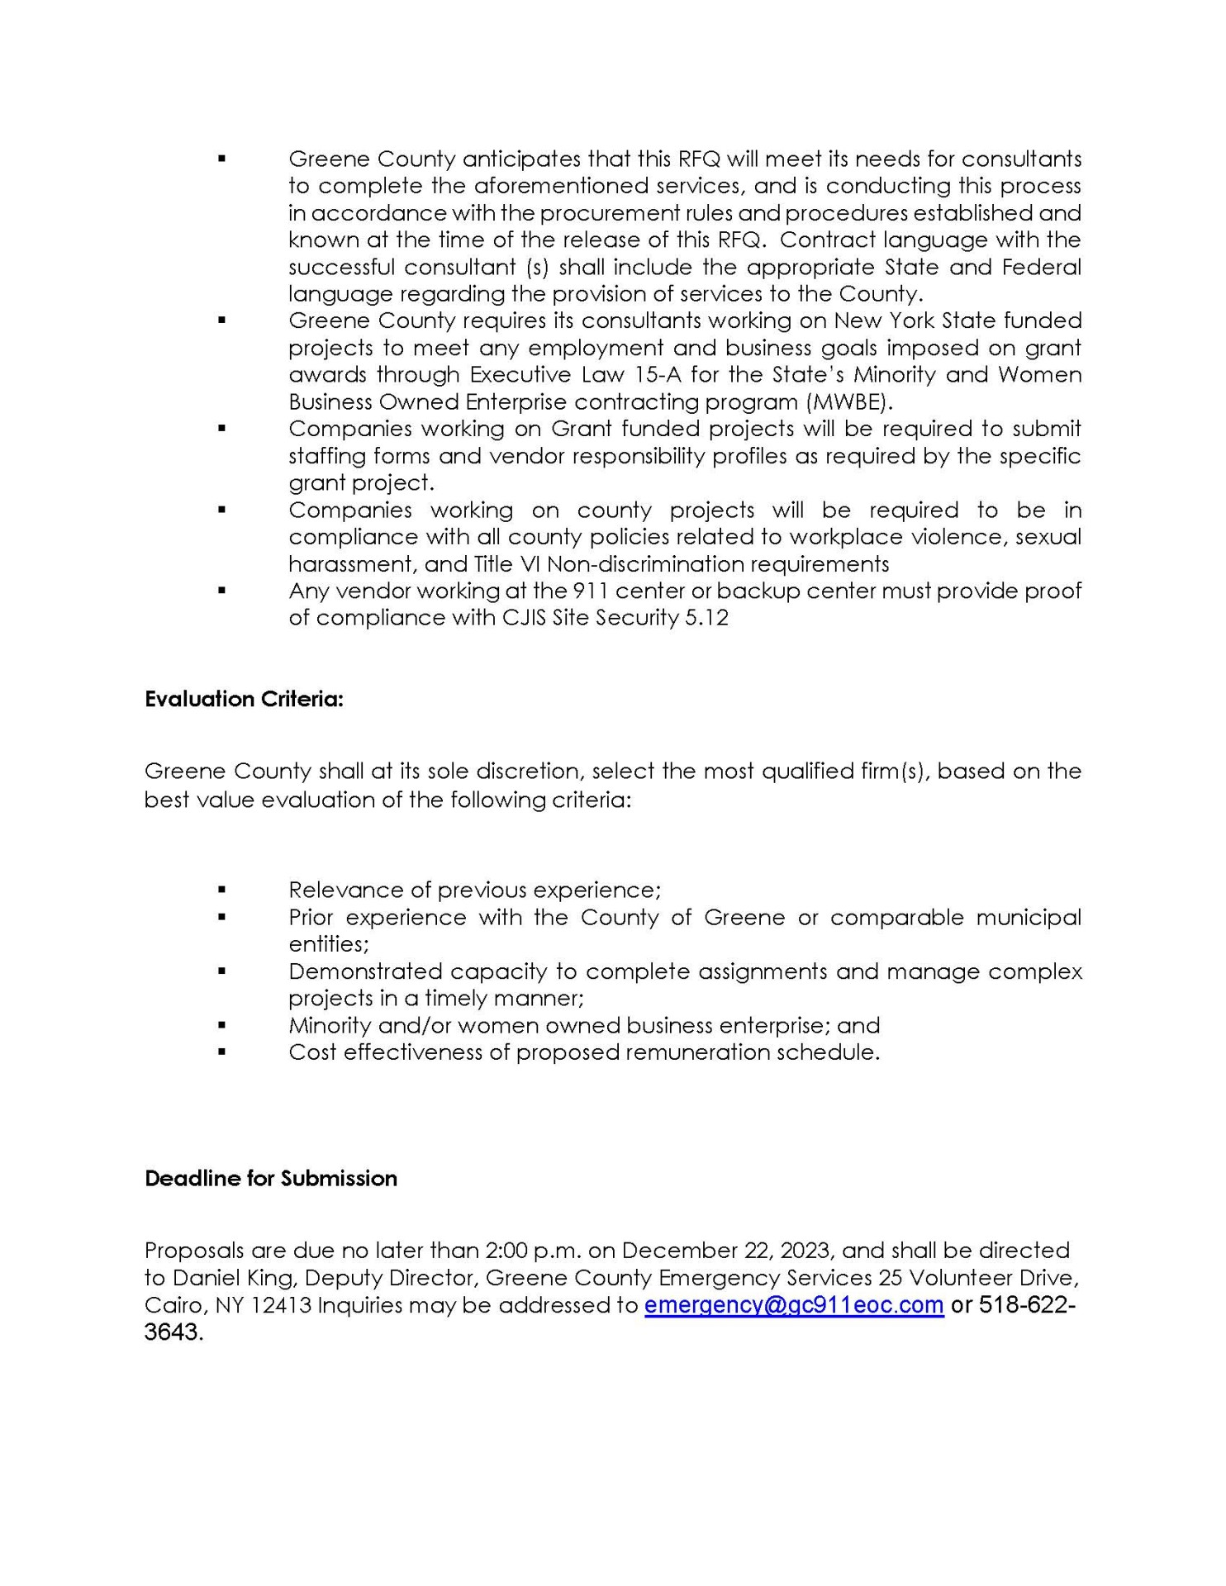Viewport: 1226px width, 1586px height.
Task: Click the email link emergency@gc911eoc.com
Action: [x=793, y=1305]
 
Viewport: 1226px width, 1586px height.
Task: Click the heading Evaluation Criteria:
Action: [x=244, y=700]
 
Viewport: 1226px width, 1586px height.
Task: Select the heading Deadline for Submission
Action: [x=271, y=1179]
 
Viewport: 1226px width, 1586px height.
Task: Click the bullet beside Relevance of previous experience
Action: [x=221, y=890]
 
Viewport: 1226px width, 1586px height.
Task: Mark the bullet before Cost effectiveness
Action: [x=221, y=1052]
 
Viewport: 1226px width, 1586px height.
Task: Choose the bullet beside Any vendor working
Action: [x=221, y=591]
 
